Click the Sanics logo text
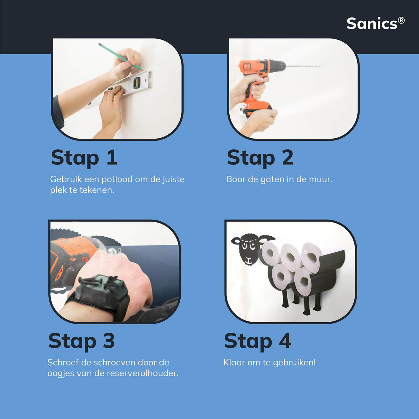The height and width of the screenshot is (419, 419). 372,23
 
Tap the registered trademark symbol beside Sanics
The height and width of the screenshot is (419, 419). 401,20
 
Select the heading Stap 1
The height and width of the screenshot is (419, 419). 84,158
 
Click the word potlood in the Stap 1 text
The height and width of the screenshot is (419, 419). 117,179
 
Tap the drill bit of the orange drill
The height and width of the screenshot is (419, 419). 303,66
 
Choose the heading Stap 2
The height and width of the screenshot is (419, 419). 260,158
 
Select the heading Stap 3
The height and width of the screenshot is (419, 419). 81,341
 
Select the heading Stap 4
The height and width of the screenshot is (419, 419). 258,341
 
